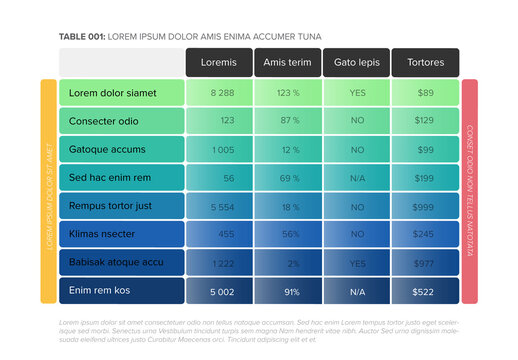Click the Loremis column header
[x=219, y=62]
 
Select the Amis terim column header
[x=287, y=62]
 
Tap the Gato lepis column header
[x=356, y=62]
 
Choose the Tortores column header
[x=425, y=62]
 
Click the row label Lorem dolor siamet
[x=113, y=93]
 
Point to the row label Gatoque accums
[x=107, y=149]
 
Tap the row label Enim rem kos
[x=101, y=291]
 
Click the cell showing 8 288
[x=222, y=93]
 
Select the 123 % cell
[x=288, y=93]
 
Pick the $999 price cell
[x=425, y=206]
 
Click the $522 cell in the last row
[x=425, y=291]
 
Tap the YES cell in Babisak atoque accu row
[x=356, y=263]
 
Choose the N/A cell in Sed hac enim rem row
[x=356, y=178]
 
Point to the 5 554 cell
[x=222, y=206]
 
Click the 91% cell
[x=291, y=291]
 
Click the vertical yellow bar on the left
[x=48, y=191]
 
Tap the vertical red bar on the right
[x=469, y=191]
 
